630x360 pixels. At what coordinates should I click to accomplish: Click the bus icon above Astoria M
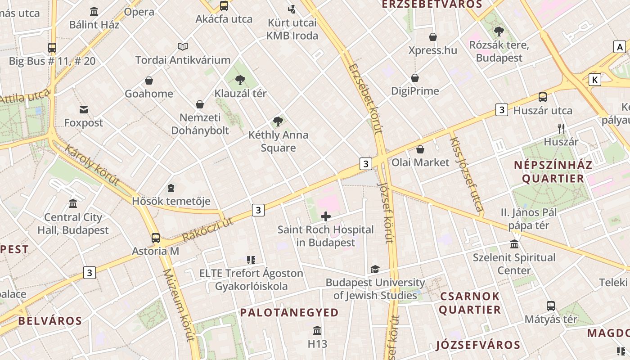156,238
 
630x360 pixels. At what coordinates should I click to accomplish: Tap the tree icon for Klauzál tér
240,80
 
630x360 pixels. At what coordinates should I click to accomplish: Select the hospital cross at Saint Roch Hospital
326,216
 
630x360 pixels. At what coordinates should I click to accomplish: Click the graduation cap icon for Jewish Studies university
375,270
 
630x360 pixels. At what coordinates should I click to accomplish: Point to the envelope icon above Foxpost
84,109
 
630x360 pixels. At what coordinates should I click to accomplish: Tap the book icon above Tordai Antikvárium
183,46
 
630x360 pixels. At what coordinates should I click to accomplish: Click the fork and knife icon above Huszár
561,129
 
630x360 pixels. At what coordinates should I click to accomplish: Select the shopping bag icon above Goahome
149,81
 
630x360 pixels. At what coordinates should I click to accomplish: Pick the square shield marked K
595,80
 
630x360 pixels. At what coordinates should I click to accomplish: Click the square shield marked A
620,47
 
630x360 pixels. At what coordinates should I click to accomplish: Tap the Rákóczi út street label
207,229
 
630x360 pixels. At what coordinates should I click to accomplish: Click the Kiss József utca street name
466,174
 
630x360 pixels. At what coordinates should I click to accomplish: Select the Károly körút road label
92,165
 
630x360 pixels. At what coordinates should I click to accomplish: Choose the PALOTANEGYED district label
289,312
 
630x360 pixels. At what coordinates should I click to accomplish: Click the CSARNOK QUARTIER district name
470,303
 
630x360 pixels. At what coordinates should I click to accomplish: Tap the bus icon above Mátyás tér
551,306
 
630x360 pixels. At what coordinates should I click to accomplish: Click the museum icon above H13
317,331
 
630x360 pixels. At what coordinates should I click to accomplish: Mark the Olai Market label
420,162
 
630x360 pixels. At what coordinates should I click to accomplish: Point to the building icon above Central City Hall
73,204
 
